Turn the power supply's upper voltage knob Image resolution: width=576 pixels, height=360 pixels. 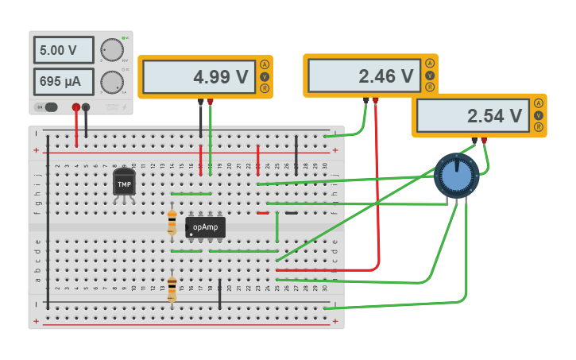click(x=112, y=50)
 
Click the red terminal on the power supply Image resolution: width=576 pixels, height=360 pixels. click(x=76, y=107)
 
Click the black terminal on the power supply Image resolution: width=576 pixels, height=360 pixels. click(x=87, y=107)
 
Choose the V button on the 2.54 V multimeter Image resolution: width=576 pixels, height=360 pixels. click(x=539, y=115)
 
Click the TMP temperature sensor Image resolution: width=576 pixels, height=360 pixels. click(x=124, y=184)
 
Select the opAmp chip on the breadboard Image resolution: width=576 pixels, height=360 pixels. click(x=205, y=227)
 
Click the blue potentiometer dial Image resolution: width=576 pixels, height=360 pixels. click(x=457, y=176)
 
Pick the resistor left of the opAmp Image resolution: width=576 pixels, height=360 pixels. click(x=172, y=220)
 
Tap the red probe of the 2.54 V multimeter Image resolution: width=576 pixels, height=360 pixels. click(x=484, y=141)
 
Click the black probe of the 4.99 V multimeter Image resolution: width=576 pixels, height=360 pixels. click(x=200, y=102)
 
